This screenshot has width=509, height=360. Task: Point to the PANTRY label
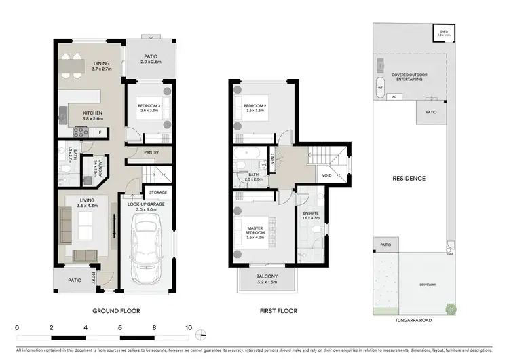click(x=151, y=153)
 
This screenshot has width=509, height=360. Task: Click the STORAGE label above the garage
click(x=157, y=192)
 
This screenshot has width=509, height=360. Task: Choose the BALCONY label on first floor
click(x=266, y=276)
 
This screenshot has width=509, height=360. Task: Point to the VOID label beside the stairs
click(x=327, y=175)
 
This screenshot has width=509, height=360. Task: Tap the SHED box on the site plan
click(x=444, y=33)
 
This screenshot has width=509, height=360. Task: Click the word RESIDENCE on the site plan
click(x=409, y=179)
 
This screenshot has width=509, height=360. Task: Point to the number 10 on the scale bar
click(x=188, y=327)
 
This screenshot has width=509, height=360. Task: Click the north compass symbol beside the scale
click(x=201, y=333)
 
